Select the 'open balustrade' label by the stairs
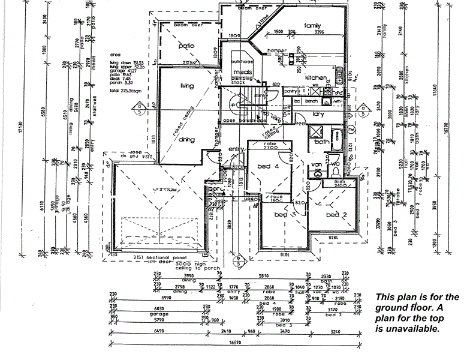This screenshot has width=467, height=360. (238, 120)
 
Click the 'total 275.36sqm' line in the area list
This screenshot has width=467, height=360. (126, 91)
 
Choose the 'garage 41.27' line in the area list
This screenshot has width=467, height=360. (123, 71)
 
